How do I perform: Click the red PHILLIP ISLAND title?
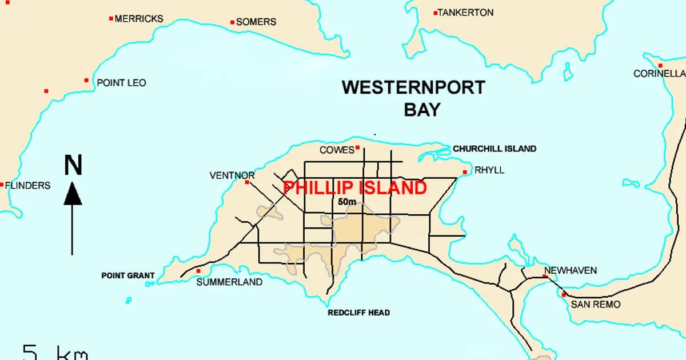click(355, 188)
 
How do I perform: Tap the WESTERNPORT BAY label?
click(413, 98)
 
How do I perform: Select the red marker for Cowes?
click(357, 147)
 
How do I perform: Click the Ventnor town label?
click(232, 175)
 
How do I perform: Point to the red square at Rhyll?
click(465, 171)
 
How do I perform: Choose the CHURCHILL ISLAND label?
click(494, 149)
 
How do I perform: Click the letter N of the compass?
click(73, 165)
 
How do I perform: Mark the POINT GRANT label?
click(127, 275)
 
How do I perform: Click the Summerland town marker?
click(198, 271)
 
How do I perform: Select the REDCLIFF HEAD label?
click(358, 313)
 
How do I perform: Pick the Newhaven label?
click(570, 270)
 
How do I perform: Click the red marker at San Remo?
click(564, 295)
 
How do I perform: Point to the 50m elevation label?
click(346, 202)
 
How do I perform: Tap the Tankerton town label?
click(465, 13)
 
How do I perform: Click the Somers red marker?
click(232, 22)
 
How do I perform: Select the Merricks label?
click(139, 19)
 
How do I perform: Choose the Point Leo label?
click(121, 83)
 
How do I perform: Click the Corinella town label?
click(659, 74)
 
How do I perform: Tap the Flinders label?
click(27, 185)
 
